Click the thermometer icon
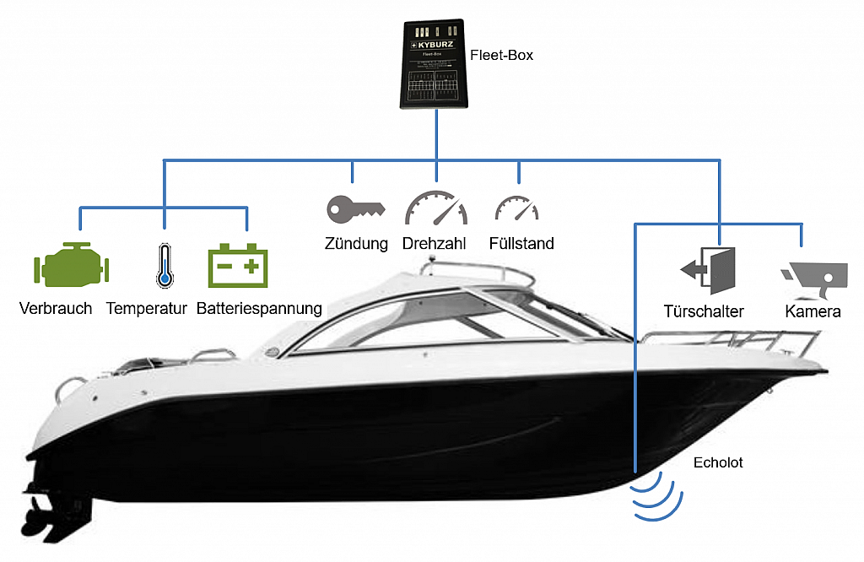point(164,266)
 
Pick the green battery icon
point(238,265)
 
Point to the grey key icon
point(355,208)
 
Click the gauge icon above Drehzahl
point(435,208)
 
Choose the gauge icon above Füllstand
point(516,209)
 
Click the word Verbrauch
point(56,308)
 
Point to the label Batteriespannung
point(259,308)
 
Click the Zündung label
point(356,244)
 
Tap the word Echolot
point(718,462)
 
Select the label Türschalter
point(703,311)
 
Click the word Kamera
point(813,311)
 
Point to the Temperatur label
point(146,308)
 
